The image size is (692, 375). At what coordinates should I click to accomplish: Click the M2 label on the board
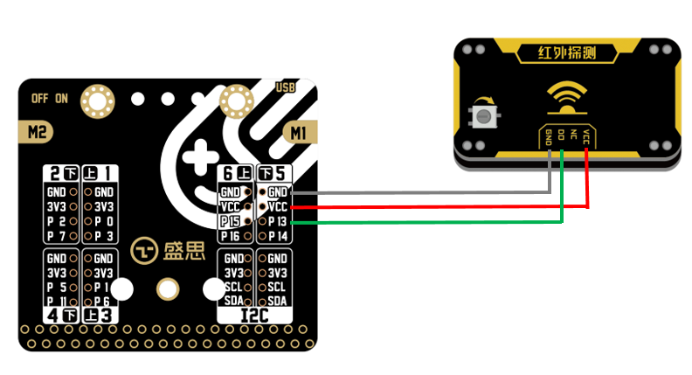pos(37,132)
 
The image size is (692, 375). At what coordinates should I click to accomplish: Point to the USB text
pos(285,87)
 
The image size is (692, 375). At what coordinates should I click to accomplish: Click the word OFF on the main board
pos(40,98)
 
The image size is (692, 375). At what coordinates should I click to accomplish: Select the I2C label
pos(254,314)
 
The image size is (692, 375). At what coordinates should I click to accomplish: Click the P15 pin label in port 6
pos(231,222)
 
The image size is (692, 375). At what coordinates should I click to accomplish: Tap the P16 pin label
pos(231,236)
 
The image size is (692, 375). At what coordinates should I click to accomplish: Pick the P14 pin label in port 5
pos(278,236)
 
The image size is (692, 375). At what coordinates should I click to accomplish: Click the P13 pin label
pos(278,222)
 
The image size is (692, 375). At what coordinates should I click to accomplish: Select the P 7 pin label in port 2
pos(56,236)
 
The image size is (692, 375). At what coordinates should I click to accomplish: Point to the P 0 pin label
pos(103,222)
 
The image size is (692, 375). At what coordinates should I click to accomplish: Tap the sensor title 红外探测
pos(568,54)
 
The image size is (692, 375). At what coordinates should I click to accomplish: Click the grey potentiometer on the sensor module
pos(481,115)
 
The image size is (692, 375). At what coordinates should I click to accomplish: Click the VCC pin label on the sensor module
pos(586,136)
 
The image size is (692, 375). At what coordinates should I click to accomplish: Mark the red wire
pos(437,207)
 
